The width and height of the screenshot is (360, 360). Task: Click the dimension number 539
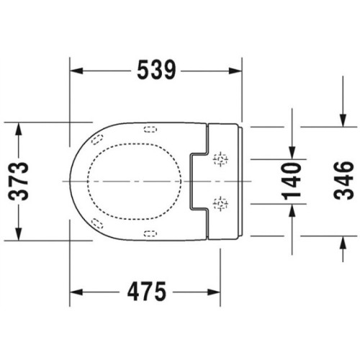[x=156, y=70]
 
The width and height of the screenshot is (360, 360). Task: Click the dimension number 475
[x=147, y=292]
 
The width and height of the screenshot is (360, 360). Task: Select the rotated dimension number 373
[x=19, y=181]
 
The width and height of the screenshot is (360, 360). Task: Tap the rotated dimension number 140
[x=292, y=181]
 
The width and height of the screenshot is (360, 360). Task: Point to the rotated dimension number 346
[x=343, y=181]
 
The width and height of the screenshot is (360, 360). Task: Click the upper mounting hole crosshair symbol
[x=220, y=159]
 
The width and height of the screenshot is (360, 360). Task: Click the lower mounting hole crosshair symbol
[x=220, y=204]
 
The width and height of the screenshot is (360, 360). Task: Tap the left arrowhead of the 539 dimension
[x=76, y=71]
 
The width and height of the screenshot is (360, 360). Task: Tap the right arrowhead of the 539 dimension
[x=235, y=71]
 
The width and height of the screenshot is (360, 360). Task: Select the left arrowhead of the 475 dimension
[x=76, y=292]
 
